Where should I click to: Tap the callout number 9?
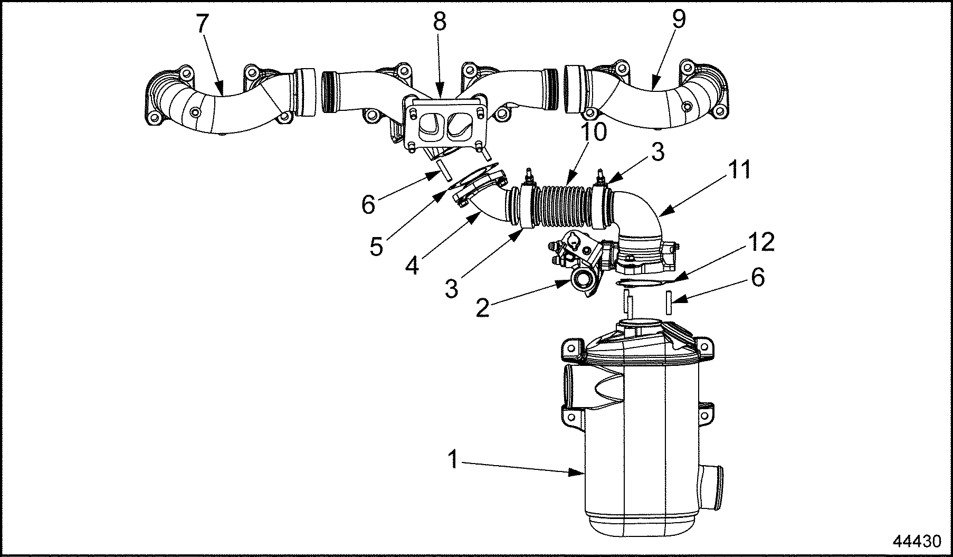pos(679,20)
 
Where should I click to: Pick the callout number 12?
pos(760,242)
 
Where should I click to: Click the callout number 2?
pos(482,308)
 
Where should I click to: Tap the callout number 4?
pos(412,264)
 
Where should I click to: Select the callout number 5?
pos(376,246)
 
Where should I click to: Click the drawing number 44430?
pos(917,542)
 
